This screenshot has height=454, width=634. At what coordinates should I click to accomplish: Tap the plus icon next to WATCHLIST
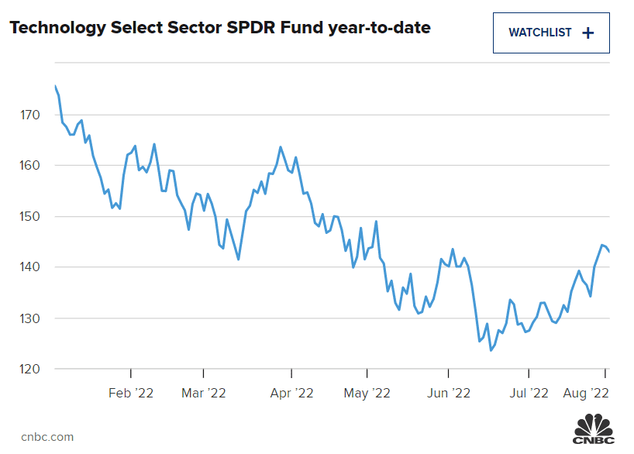pos(587,33)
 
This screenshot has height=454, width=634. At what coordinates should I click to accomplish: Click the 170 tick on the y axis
pos(30,115)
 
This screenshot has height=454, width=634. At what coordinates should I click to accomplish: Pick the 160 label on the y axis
pos(30,166)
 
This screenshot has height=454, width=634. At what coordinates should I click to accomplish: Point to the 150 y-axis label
pos(30,216)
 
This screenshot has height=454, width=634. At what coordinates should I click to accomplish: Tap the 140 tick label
pos(30,267)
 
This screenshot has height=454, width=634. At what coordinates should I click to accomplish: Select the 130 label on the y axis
pos(30,318)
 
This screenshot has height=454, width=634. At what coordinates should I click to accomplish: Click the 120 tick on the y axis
pos(30,369)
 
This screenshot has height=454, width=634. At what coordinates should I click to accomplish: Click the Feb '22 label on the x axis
pos(131,394)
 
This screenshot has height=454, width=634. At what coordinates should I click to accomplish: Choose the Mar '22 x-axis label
pos(203,394)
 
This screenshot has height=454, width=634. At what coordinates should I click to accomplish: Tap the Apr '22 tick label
pos(291,394)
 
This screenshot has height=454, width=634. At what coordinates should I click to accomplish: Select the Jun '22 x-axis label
pos(450,394)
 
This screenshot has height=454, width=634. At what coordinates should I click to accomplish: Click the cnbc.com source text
pos(47,437)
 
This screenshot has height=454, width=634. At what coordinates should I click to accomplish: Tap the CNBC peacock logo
pos(594,429)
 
